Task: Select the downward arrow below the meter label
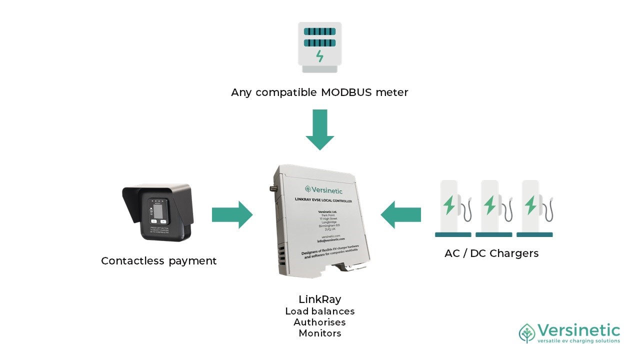[319, 129]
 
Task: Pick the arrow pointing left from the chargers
[401, 215]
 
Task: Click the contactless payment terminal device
[157, 212]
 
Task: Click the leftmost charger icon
[453, 208]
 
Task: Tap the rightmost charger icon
[534, 208]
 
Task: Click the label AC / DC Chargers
[491, 253]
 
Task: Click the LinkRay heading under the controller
[319, 299]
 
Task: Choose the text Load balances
[319, 311]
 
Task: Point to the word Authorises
[319, 322]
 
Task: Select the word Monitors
[319, 333]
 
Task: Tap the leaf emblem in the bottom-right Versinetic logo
[527, 333]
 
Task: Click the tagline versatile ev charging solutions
[578, 341]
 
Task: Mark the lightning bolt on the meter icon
[319, 55]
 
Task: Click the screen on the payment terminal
[157, 211]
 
